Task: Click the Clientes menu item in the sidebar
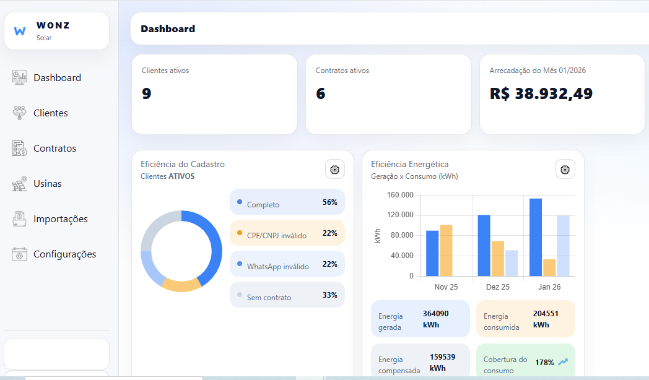tap(50, 113)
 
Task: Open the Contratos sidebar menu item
tap(54, 149)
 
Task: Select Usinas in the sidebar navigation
tap(47, 184)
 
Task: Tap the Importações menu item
tap(60, 219)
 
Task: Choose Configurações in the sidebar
tap(64, 254)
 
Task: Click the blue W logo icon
tap(20, 31)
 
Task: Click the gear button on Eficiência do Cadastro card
tap(335, 170)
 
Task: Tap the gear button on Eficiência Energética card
tap(565, 170)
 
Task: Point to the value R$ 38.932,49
tap(541, 93)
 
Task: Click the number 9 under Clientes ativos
tap(146, 93)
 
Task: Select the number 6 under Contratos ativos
tap(320, 93)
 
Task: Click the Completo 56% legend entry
tap(287, 202)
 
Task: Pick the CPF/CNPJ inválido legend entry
tap(287, 233)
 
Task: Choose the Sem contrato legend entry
tap(287, 295)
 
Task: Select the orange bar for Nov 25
tap(446, 250)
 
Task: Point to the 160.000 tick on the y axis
tap(399, 195)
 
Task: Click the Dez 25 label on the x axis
tap(497, 287)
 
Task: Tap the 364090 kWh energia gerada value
tap(436, 319)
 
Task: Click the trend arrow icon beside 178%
tap(563, 362)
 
